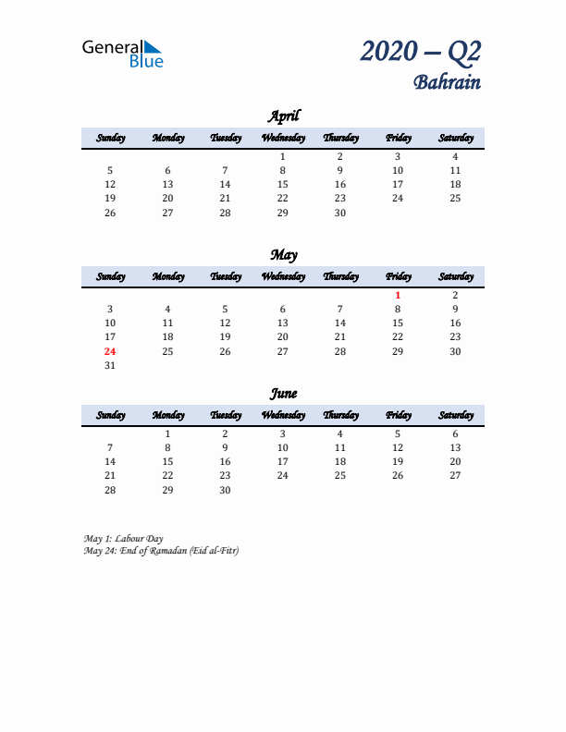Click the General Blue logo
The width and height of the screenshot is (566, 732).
tap(122, 53)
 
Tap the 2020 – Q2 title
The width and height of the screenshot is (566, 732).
tap(421, 52)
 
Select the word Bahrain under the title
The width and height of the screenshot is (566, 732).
tap(447, 81)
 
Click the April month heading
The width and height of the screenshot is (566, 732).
tap(283, 116)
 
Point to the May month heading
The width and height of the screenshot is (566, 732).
tap(283, 255)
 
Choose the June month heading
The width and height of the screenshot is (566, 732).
tap(283, 394)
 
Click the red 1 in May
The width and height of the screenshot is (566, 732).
tap(398, 296)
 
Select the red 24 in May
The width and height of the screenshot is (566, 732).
tap(110, 351)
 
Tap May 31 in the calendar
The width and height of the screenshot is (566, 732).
tap(110, 365)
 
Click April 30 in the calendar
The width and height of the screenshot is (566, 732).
tap(340, 213)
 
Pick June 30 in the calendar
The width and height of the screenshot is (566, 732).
tap(225, 490)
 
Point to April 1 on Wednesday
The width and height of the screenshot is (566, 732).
tap(283, 157)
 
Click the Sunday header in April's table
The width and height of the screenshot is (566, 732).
tap(110, 138)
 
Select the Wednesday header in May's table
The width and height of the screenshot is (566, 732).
tap(283, 276)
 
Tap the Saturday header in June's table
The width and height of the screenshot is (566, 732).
tap(455, 415)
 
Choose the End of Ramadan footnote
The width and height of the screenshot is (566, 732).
tap(161, 551)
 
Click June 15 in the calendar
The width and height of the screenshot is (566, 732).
tap(167, 461)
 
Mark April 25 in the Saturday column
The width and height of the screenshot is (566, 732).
tap(455, 198)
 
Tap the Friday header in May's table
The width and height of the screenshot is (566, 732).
tap(398, 276)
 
